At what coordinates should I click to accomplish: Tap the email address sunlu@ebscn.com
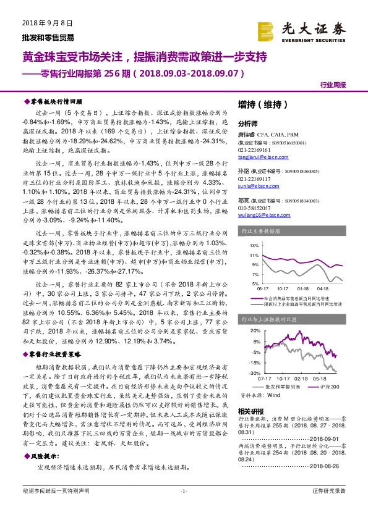255,185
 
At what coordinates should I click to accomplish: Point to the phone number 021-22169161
255,150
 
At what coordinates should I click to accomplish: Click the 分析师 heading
247,123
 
